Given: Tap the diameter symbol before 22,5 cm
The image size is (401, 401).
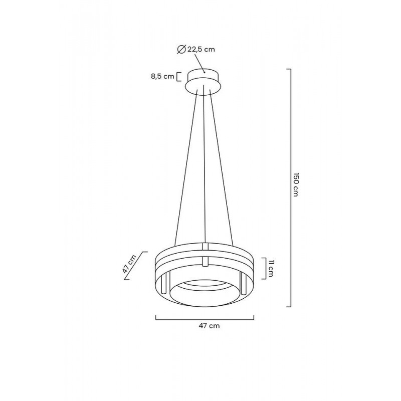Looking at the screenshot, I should (182, 49).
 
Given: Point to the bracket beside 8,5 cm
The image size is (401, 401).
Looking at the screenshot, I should (178, 77).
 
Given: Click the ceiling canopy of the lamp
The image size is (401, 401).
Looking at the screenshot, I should (204, 82).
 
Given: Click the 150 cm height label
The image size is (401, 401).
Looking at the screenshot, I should (296, 185).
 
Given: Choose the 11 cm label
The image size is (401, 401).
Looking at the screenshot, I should (270, 269).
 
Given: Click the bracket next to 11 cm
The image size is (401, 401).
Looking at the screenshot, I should (264, 269).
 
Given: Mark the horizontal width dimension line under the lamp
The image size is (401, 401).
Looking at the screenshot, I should (205, 317).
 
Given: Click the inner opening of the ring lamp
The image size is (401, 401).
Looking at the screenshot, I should (204, 291).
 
